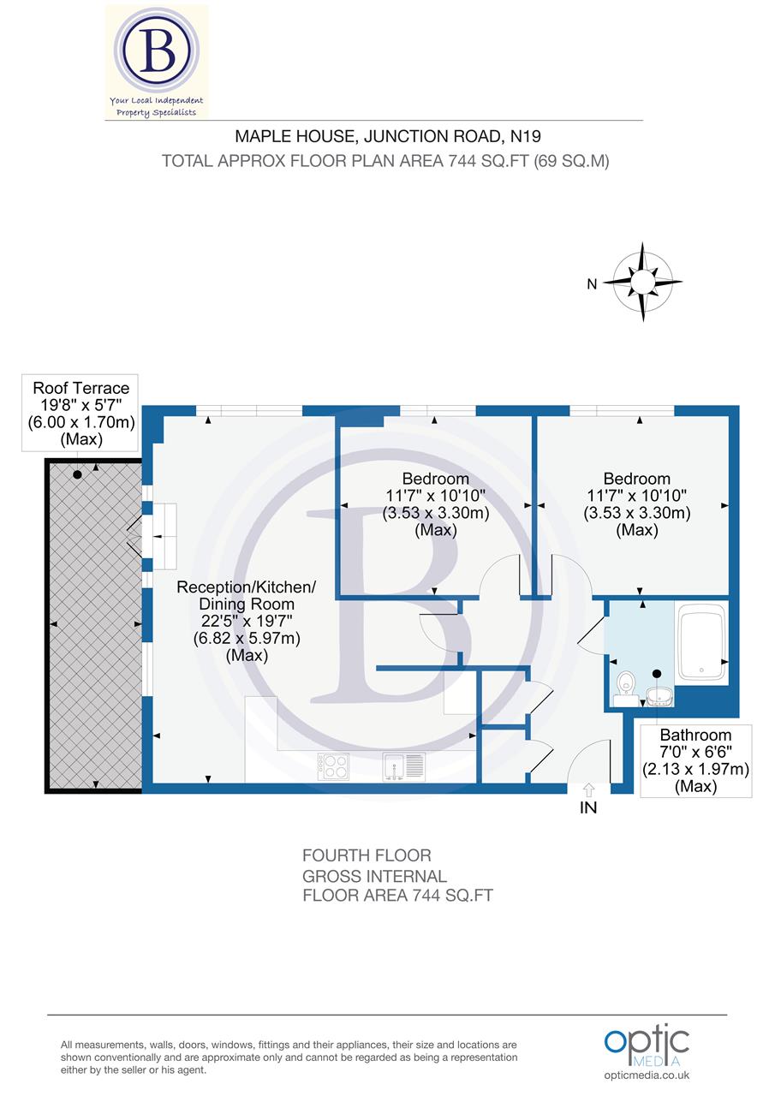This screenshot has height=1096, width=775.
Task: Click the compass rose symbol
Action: pyautogui.click(x=643, y=282)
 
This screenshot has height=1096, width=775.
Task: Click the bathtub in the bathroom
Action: pyautogui.click(x=701, y=643)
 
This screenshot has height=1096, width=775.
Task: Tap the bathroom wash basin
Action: pyautogui.click(x=659, y=694)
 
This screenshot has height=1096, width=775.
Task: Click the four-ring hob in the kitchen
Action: pyautogui.click(x=333, y=765)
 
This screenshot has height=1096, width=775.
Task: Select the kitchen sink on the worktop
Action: pyautogui.click(x=402, y=765)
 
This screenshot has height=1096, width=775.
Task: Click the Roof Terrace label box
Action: pyautogui.click(x=80, y=414)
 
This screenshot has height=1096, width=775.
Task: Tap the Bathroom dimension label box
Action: pyautogui.click(x=695, y=760)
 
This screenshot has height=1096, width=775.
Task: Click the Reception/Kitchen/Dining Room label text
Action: pyautogui.click(x=247, y=621)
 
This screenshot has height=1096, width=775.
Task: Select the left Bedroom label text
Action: pyautogui.click(x=434, y=504)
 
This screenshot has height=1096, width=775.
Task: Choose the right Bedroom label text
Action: pyautogui.click(x=636, y=504)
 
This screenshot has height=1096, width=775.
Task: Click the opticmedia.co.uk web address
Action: pyautogui.click(x=647, y=1075)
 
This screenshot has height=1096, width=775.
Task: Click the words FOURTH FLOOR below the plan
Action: pyautogui.click(x=367, y=855)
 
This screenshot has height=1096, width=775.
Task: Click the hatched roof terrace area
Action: pyautogui.click(x=92, y=625)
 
